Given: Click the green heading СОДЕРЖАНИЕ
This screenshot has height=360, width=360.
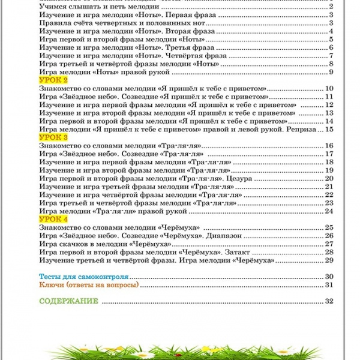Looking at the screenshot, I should pos(68,301).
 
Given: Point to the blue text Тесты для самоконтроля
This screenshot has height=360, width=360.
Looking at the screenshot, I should pos(84,276).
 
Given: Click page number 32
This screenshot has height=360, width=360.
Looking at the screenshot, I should pos(328,301).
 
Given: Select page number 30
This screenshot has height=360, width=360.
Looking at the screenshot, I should pos(328,276).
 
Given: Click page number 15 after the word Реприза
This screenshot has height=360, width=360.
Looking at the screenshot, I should pos(328,129).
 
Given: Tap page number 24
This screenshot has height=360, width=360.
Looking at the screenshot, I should pos(328,211).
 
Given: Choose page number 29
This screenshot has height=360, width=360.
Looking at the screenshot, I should pos(328,260).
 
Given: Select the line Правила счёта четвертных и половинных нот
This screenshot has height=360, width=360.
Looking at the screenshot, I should pos(114,23).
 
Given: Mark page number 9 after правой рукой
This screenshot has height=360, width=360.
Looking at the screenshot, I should pos(331,72).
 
